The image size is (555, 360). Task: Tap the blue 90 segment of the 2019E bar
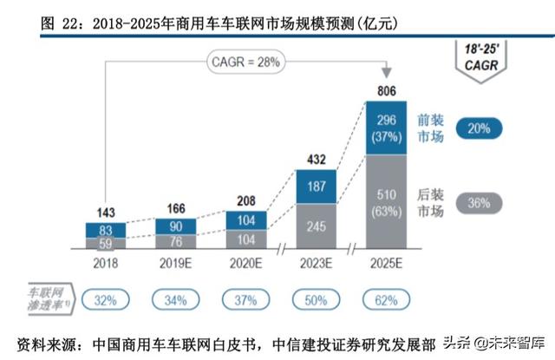click(x=176, y=224)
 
